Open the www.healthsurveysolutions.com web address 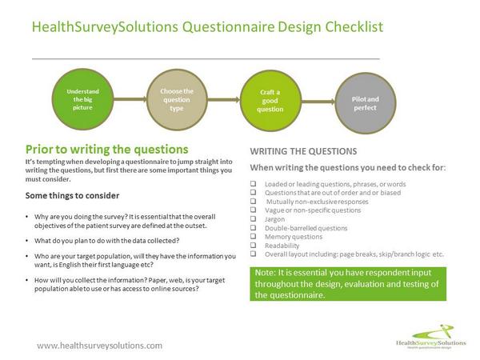point(100,345)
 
